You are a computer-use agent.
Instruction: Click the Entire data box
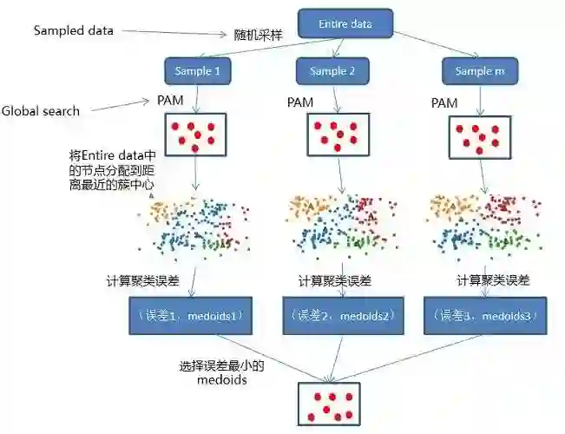[345, 23]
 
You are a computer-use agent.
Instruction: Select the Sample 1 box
[198, 70]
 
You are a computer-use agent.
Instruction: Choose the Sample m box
[476, 70]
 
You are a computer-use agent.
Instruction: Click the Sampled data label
[73, 30]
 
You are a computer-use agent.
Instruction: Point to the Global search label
[41, 111]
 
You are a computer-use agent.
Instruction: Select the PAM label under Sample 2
[300, 102]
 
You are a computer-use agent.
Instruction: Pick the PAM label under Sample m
[443, 102]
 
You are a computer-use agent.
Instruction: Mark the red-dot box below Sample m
[478, 137]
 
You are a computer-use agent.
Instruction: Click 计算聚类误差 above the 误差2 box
[334, 281]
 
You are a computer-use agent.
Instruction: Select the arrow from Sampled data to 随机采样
[173, 33]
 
